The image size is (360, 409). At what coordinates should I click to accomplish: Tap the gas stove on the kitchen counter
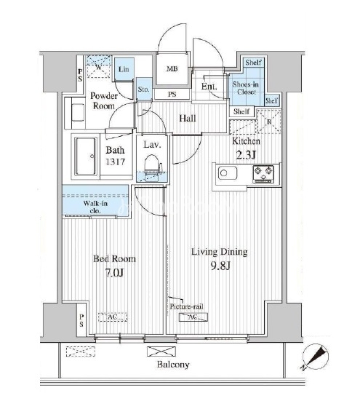click(263, 174)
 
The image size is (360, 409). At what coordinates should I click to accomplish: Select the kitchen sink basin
click(228, 173)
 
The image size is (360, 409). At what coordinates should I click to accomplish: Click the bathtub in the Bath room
click(86, 156)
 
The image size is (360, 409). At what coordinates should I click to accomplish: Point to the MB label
click(172, 69)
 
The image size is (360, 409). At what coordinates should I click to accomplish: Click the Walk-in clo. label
click(95, 207)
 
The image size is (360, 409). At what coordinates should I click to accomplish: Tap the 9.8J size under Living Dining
click(220, 266)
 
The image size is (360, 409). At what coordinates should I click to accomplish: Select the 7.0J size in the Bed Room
click(114, 273)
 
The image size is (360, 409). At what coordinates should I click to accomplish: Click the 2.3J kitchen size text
click(246, 155)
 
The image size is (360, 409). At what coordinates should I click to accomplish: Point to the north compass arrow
click(316, 357)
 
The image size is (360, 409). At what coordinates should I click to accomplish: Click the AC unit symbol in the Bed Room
click(113, 317)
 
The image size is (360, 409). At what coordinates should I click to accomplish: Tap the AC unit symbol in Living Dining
click(193, 317)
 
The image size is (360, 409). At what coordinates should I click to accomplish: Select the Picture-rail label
click(186, 306)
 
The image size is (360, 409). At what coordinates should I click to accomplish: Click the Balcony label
click(173, 364)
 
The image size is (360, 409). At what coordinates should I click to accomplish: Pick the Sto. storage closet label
click(143, 90)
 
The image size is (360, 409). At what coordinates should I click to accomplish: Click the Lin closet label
click(124, 69)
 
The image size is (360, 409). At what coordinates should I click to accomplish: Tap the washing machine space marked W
click(98, 66)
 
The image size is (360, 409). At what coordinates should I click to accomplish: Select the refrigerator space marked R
click(269, 122)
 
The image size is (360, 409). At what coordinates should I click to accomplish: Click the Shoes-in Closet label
click(246, 88)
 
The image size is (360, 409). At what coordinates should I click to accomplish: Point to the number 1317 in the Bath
click(115, 162)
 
